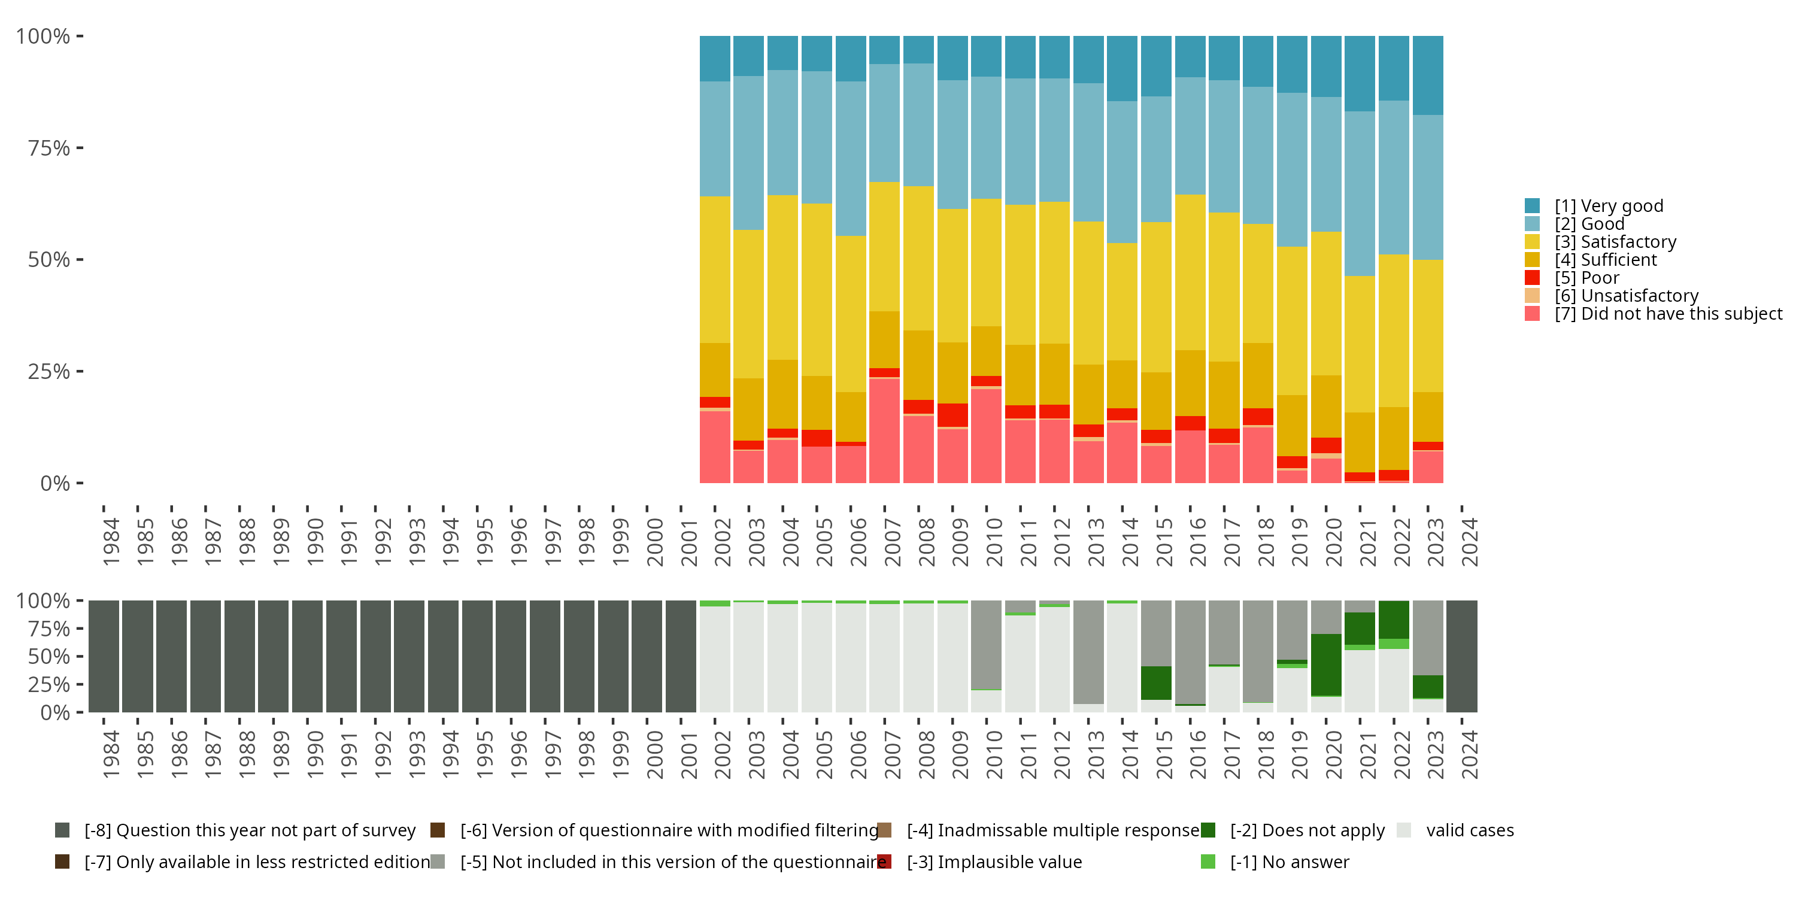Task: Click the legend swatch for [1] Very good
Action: (1532, 206)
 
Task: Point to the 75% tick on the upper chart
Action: (80, 148)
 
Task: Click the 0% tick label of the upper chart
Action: (54, 483)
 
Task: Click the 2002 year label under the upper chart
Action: (721, 542)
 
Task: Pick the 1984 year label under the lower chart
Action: (110, 754)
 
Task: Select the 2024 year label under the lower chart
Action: (1469, 754)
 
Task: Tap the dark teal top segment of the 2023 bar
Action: (1428, 75)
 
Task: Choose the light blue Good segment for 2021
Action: (1360, 193)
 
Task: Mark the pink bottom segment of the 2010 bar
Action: (986, 436)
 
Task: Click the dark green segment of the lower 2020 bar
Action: (1325, 665)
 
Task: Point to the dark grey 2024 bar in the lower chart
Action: (1461, 656)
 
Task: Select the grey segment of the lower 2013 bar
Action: (1088, 652)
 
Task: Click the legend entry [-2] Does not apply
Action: (1306, 830)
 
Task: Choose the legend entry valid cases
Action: (1469, 830)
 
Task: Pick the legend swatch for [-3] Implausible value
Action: (885, 861)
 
